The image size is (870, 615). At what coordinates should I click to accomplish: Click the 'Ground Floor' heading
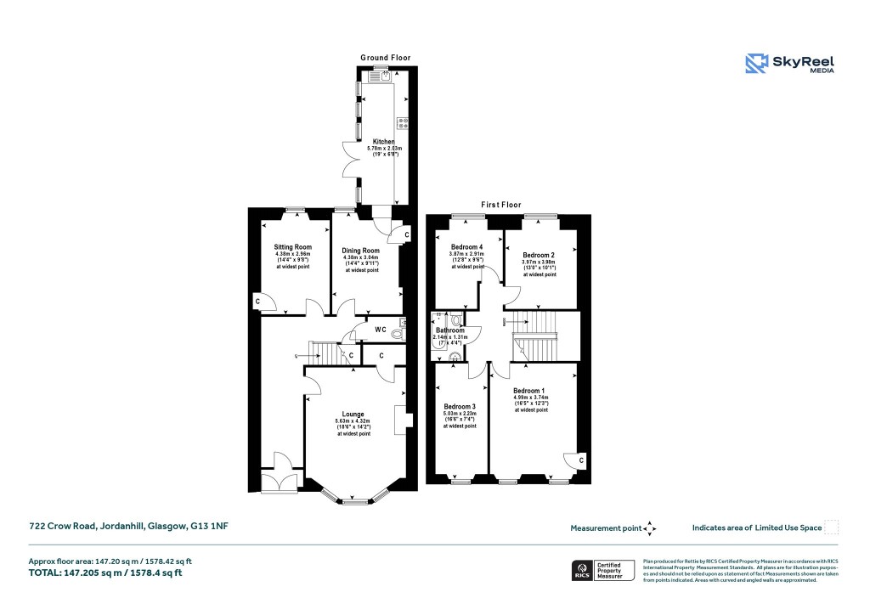[x=385, y=58]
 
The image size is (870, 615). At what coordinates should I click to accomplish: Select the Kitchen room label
[x=383, y=141]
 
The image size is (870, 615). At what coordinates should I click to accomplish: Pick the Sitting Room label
[x=292, y=246]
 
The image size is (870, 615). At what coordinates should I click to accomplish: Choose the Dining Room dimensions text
[x=360, y=261]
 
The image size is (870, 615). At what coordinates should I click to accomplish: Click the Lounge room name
[x=353, y=415]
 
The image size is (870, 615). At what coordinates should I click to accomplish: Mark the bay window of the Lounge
[x=354, y=499]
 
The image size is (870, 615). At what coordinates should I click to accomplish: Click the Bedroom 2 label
[x=539, y=255]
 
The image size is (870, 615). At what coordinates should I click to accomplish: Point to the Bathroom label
[x=450, y=330]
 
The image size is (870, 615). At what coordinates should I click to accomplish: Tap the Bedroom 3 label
[x=460, y=405]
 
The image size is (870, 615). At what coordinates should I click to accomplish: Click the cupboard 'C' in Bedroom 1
[x=581, y=460]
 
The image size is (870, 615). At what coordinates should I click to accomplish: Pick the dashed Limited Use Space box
[x=832, y=528]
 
